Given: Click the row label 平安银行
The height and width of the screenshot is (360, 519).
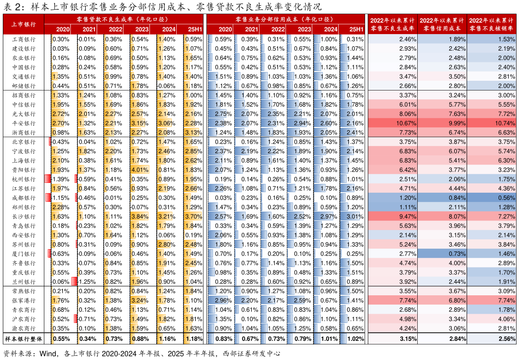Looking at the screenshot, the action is click(x=23, y=124).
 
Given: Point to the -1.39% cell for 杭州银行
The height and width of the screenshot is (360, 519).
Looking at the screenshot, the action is click(x=61, y=180).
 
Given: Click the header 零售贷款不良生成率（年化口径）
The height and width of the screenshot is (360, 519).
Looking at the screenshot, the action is click(x=123, y=19).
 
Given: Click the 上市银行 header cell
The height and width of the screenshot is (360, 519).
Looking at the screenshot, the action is click(x=23, y=24).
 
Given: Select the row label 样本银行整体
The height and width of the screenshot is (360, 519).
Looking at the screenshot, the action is click(x=23, y=339).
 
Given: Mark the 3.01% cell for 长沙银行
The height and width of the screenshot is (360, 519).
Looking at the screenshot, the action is click(x=355, y=216).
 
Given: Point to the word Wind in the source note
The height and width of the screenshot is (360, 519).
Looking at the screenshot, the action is click(x=48, y=354).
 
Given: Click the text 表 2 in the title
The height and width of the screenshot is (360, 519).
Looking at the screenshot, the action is click(x=12, y=7).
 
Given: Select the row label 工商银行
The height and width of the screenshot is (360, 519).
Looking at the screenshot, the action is click(x=23, y=39).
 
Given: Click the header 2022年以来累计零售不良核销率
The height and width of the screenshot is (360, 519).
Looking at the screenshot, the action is click(x=492, y=24).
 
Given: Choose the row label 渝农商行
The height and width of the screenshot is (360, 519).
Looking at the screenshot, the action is click(x=23, y=328).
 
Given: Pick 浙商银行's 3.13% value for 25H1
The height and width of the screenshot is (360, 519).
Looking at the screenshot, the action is click(x=194, y=133).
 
